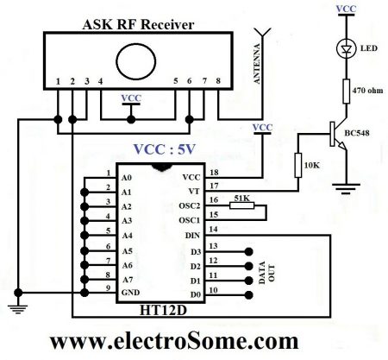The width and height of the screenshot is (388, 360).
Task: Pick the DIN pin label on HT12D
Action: (x=192, y=234)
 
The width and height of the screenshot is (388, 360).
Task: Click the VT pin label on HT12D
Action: (x=196, y=190)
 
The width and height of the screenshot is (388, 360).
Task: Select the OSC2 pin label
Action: (x=190, y=205)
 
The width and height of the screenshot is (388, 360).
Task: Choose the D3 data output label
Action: (x=196, y=249)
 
